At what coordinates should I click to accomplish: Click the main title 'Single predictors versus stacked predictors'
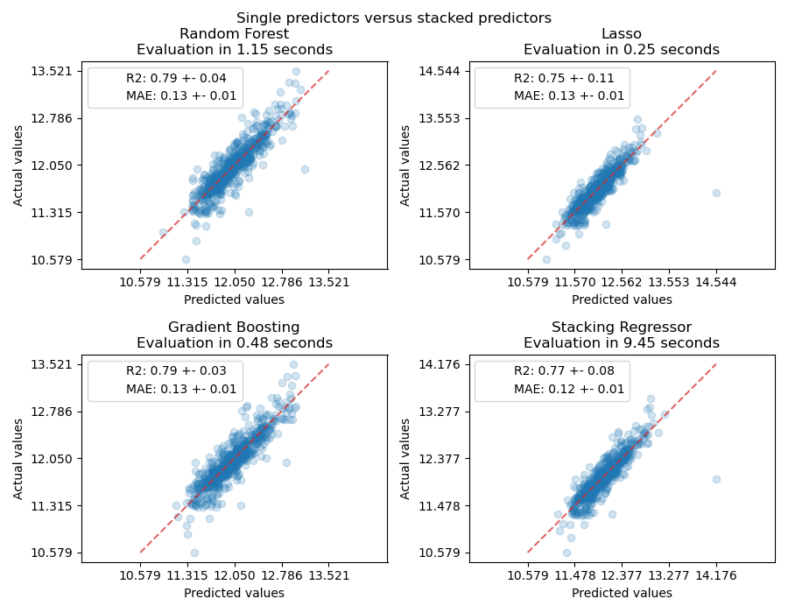[394, 18]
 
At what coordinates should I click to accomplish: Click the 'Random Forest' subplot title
[234, 34]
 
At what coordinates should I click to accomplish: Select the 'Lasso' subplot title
[622, 34]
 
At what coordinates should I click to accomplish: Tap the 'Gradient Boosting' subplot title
[234, 328]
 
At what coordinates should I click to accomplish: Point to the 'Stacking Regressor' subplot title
[622, 328]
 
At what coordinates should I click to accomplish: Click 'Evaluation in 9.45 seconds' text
[622, 343]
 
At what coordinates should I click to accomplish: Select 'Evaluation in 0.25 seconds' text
[622, 50]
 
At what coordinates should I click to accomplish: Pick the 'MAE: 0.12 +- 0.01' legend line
[569, 389]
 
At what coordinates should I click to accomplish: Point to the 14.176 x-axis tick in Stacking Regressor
[716, 574]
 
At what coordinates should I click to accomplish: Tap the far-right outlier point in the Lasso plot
[716, 193]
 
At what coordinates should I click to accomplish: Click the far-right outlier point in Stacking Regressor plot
[716, 479]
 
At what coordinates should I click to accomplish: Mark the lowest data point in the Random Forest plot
[186, 259]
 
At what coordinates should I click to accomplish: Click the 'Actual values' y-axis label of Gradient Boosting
[18, 459]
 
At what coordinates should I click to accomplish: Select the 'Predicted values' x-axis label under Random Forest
[234, 299]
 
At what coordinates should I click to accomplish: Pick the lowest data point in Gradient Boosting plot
[194, 553]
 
